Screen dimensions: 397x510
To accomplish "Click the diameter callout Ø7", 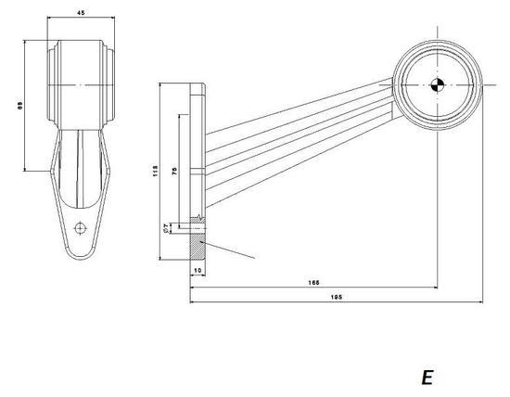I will pos(167,226).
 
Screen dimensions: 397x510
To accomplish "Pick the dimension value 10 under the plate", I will pos(198,270).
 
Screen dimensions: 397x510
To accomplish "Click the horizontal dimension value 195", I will pos(336,297).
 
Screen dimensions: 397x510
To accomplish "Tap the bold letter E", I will pos(427,377).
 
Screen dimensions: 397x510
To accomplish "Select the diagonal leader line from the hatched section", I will pos(229,250).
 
